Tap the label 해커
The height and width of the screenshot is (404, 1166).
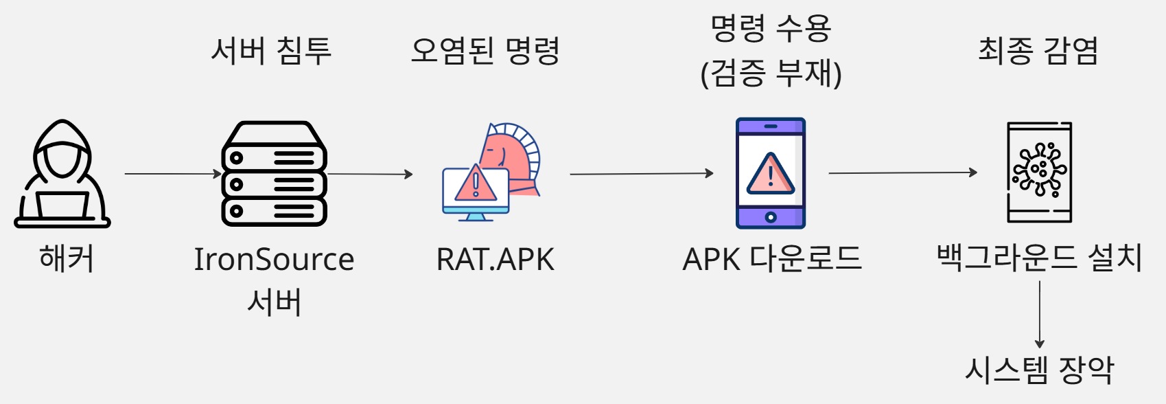click(x=66, y=259)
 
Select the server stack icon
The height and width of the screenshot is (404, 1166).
click(x=274, y=174)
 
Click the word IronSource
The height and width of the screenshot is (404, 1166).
click(x=274, y=259)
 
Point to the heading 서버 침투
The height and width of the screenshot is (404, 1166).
click(x=271, y=51)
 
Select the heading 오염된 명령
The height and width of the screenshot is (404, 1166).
click(x=485, y=51)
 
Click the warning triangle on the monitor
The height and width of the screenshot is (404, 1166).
click(x=475, y=183)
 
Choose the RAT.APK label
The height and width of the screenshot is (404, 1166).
click(x=495, y=260)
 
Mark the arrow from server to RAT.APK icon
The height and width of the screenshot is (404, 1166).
click(x=371, y=174)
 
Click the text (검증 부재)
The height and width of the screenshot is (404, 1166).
click(x=771, y=74)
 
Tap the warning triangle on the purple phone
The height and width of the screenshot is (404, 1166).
click(x=770, y=174)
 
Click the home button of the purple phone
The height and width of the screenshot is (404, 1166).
click(x=770, y=218)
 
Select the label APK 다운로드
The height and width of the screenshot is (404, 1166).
click(x=771, y=260)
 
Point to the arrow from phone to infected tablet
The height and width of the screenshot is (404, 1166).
click(x=902, y=173)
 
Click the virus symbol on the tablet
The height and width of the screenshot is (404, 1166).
click(x=1040, y=169)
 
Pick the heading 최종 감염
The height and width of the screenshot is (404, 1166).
click(x=1038, y=51)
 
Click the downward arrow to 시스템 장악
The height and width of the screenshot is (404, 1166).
click(x=1040, y=313)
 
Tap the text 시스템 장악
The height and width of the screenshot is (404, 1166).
click(x=1039, y=370)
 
